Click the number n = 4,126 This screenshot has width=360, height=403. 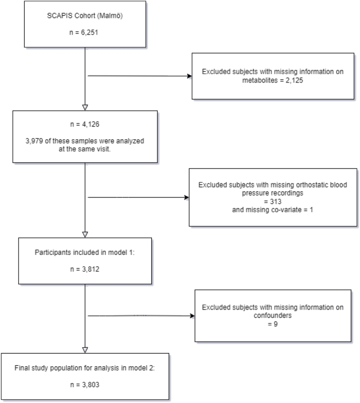tap(85, 126)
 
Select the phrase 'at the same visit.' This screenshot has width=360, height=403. tap(85, 149)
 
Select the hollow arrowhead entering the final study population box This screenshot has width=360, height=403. tap(85, 350)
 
